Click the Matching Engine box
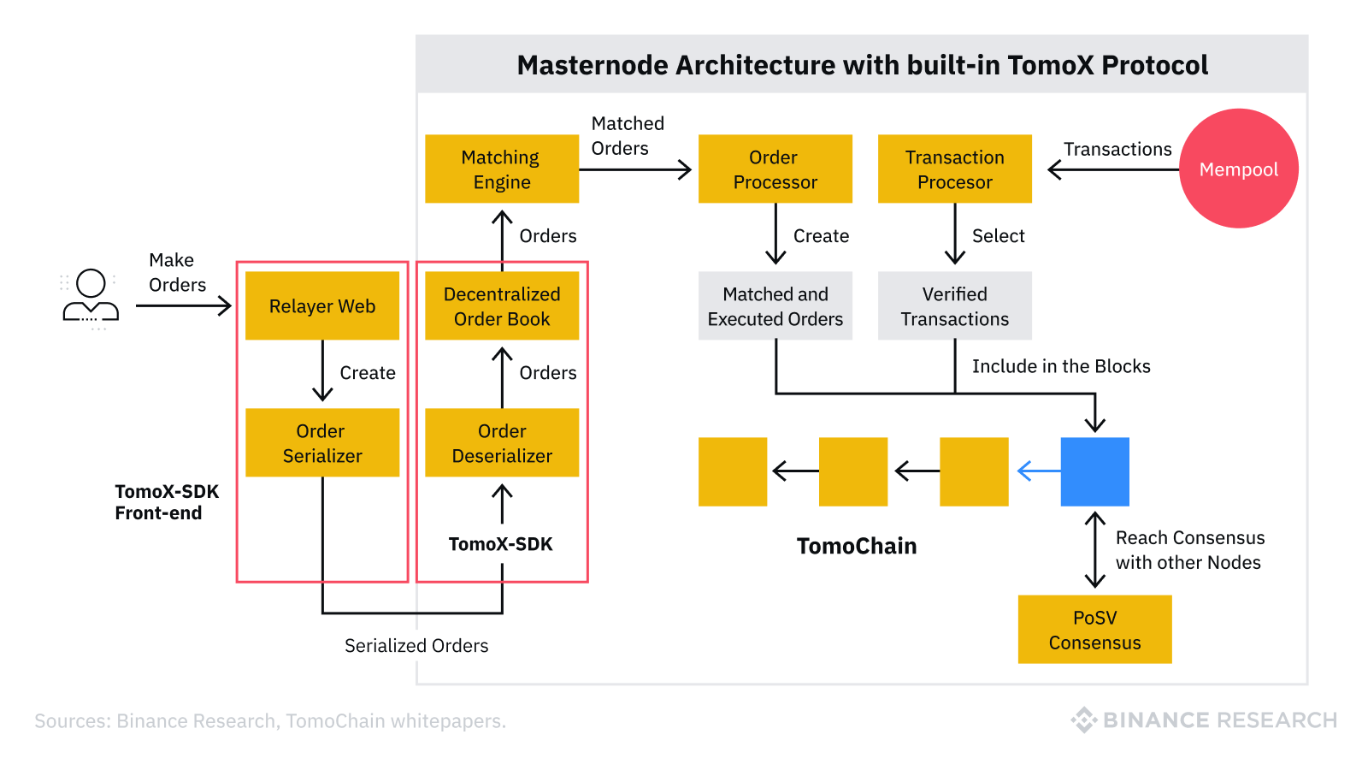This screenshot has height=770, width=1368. click(502, 169)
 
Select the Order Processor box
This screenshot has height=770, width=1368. click(775, 169)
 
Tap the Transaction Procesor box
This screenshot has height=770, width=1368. click(954, 169)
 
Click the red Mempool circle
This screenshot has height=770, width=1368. click(1238, 169)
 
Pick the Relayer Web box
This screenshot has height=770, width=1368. click(322, 305)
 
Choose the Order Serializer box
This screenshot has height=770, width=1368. click(322, 442)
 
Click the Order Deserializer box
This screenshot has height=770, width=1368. click(502, 442)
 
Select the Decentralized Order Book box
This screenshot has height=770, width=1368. click(502, 305)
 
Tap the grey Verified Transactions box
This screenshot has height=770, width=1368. click(954, 305)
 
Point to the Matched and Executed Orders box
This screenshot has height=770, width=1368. click(775, 305)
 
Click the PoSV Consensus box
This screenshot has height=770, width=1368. click(1094, 630)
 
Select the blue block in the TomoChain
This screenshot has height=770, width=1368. click(1094, 471)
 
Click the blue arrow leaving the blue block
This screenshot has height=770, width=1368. click(1036, 471)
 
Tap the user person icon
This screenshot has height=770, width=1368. click(91, 296)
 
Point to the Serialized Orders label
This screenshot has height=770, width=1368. click(416, 646)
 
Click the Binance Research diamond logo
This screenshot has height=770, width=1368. click(1084, 720)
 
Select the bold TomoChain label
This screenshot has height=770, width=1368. click(856, 546)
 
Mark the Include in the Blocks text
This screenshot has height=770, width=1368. click(1060, 366)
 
